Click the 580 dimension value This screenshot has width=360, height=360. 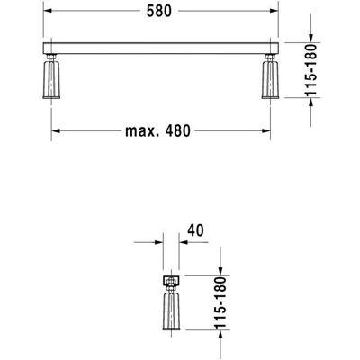pyautogui.click(x=159, y=11)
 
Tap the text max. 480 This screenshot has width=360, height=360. pyautogui.click(x=157, y=131)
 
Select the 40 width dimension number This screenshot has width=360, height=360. pyautogui.click(x=195, y=230)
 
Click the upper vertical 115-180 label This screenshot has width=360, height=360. pyautogui.click(x=311, y=70)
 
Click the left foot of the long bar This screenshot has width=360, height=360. pyautogui.click(x=51, y=79)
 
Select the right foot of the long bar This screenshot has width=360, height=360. pyautogui.click(x=270, y=79)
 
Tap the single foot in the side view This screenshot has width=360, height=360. pyautogui.click(x=171, y=311)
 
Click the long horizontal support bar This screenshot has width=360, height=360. pyautogui.click(x=161, y=49)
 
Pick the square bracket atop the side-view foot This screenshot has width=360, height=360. pyautogui.click(x=171, y=281)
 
